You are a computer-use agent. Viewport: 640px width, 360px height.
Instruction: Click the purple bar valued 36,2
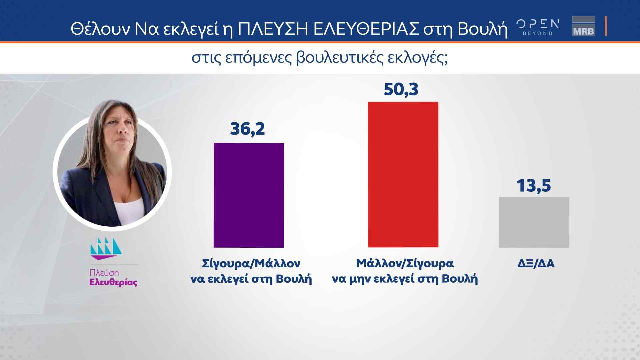pyautogui.click(x=249, y=195)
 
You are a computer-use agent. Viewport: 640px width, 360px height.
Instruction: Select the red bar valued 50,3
pyautogui.click(x=403, y=174)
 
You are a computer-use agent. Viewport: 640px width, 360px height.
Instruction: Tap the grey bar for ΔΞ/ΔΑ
pyautogui.click(x=534, y=222)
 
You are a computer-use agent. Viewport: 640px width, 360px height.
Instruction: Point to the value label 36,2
pyautogui.click(x=247, y=129)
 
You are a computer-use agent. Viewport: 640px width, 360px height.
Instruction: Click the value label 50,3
pyautogui.click(x=401, y=89)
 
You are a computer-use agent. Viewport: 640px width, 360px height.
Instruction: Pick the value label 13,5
pyautogui.click(x=534, y=185)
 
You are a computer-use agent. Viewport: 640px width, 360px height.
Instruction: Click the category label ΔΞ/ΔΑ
pyautogui.click(x=536, y=264)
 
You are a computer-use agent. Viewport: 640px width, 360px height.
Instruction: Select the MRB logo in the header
pyautogui.click(x=583, y=26)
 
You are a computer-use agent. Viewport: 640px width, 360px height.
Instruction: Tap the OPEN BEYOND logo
pyautogui.click(x=538, y=27)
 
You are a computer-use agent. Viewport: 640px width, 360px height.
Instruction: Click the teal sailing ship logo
pyautogui.click(x=106, y=249)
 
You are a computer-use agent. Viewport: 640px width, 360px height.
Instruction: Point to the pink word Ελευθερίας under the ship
pyautogui.click(x=113, y=282)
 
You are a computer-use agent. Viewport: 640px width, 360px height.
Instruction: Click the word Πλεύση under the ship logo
pyautogui.click(x=104, y=273)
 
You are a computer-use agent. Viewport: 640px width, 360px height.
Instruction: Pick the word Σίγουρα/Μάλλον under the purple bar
pyautogui.click(x=251, y=264)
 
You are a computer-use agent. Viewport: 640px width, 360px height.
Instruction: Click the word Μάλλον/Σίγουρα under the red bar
pyautogui.click(x=405, y=264)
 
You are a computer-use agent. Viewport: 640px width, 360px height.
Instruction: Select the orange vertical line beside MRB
pyautogui.click(x=606, y=26)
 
